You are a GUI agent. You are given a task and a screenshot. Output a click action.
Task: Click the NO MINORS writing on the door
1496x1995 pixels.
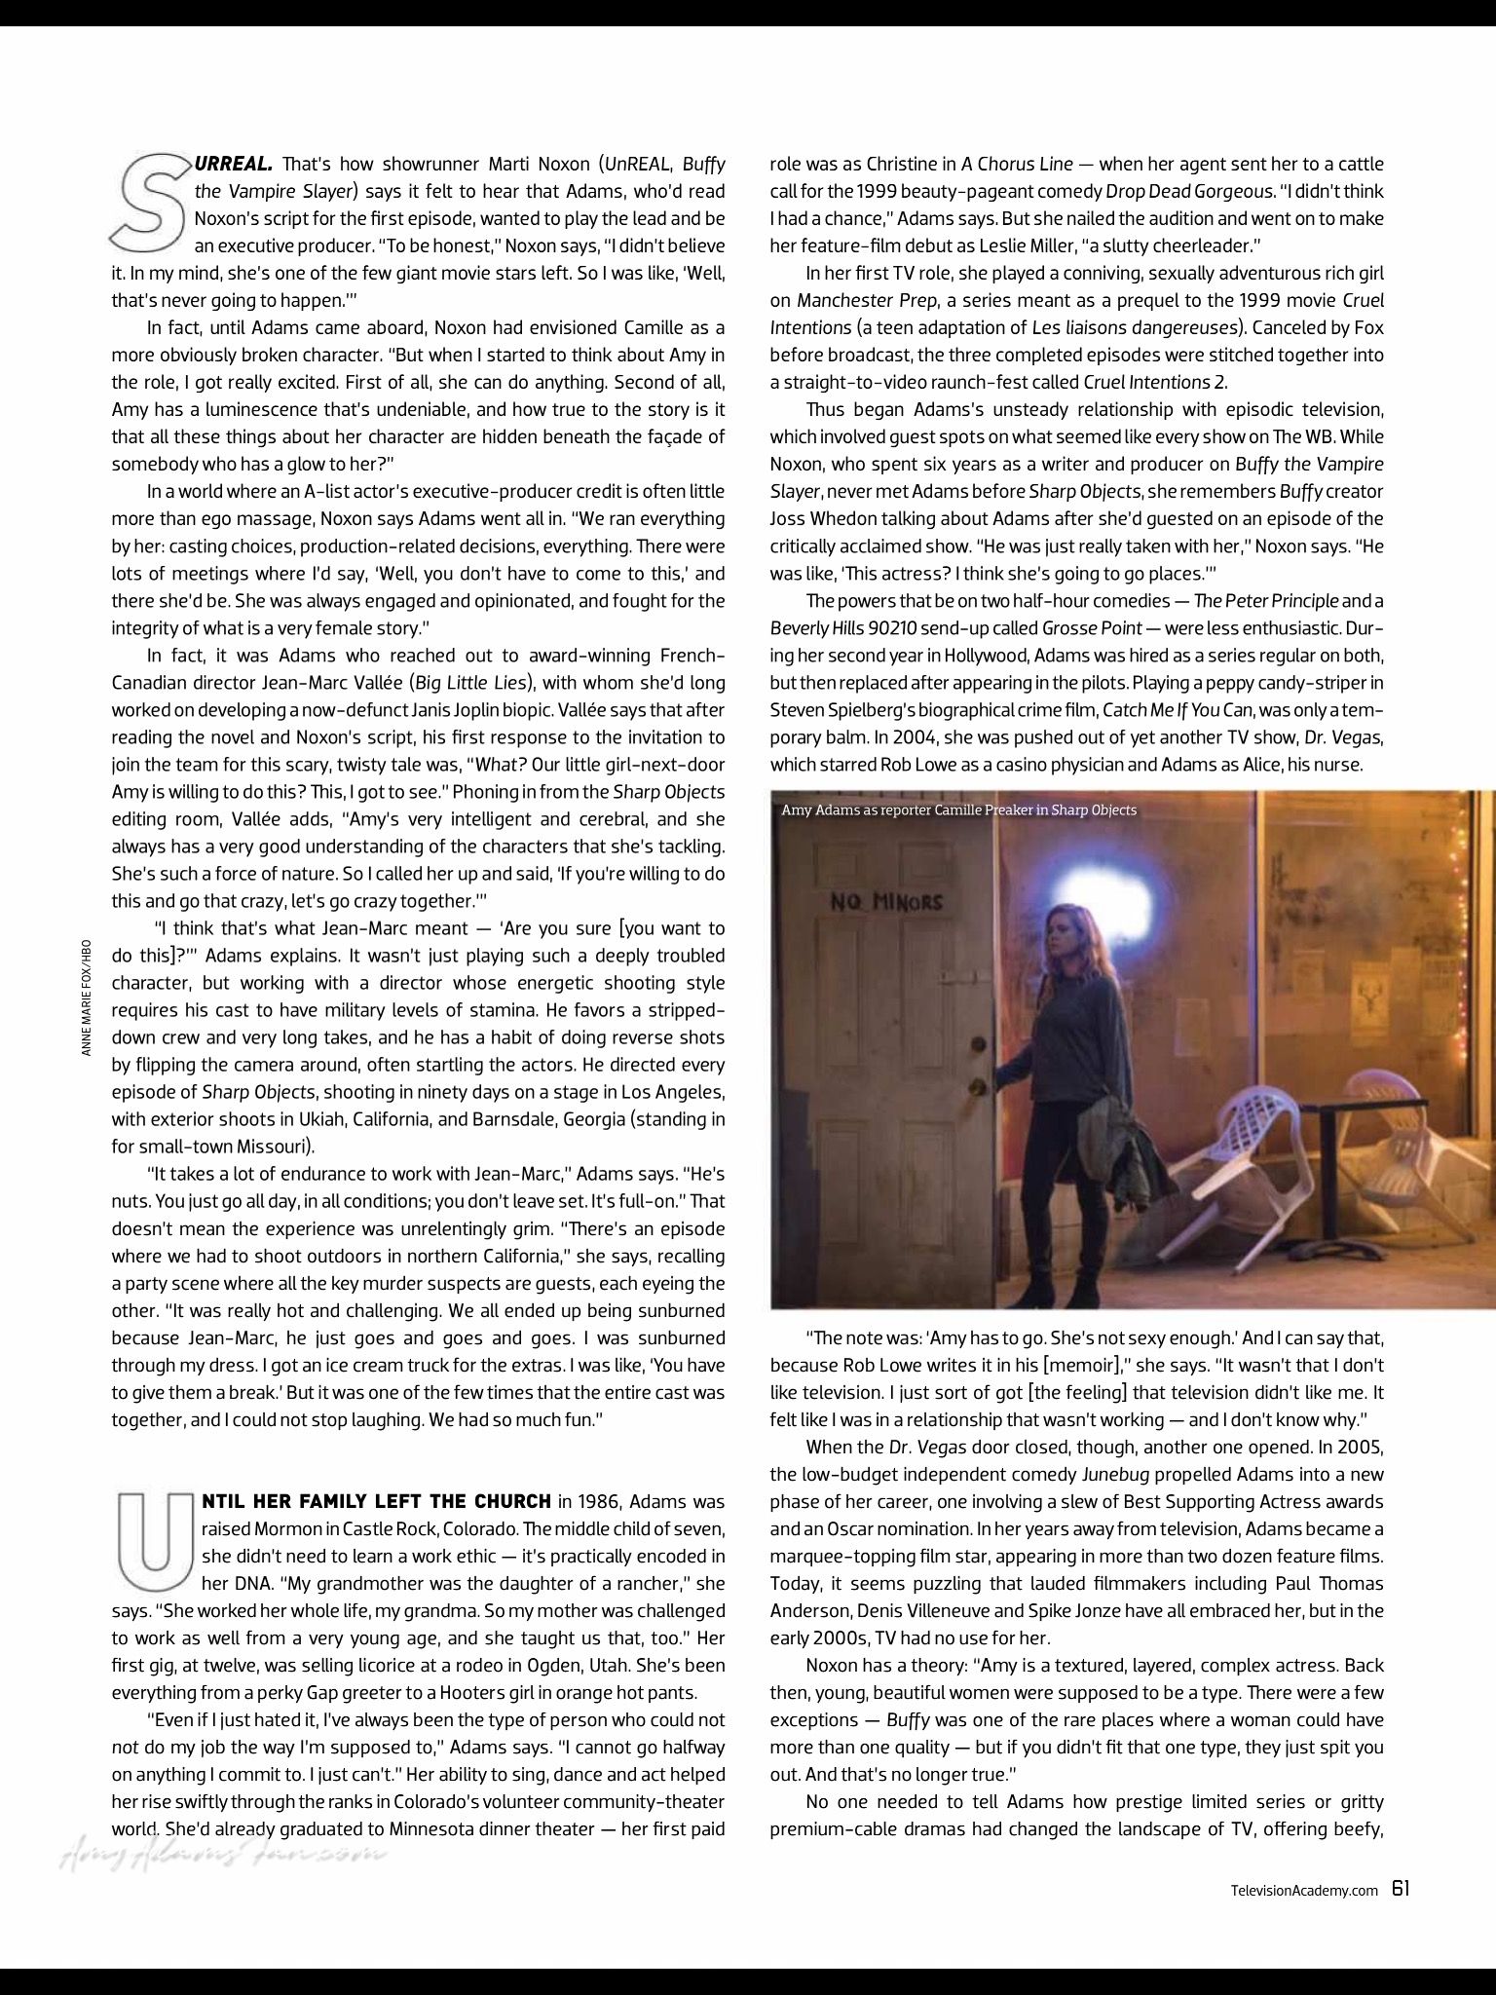[885, 901]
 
